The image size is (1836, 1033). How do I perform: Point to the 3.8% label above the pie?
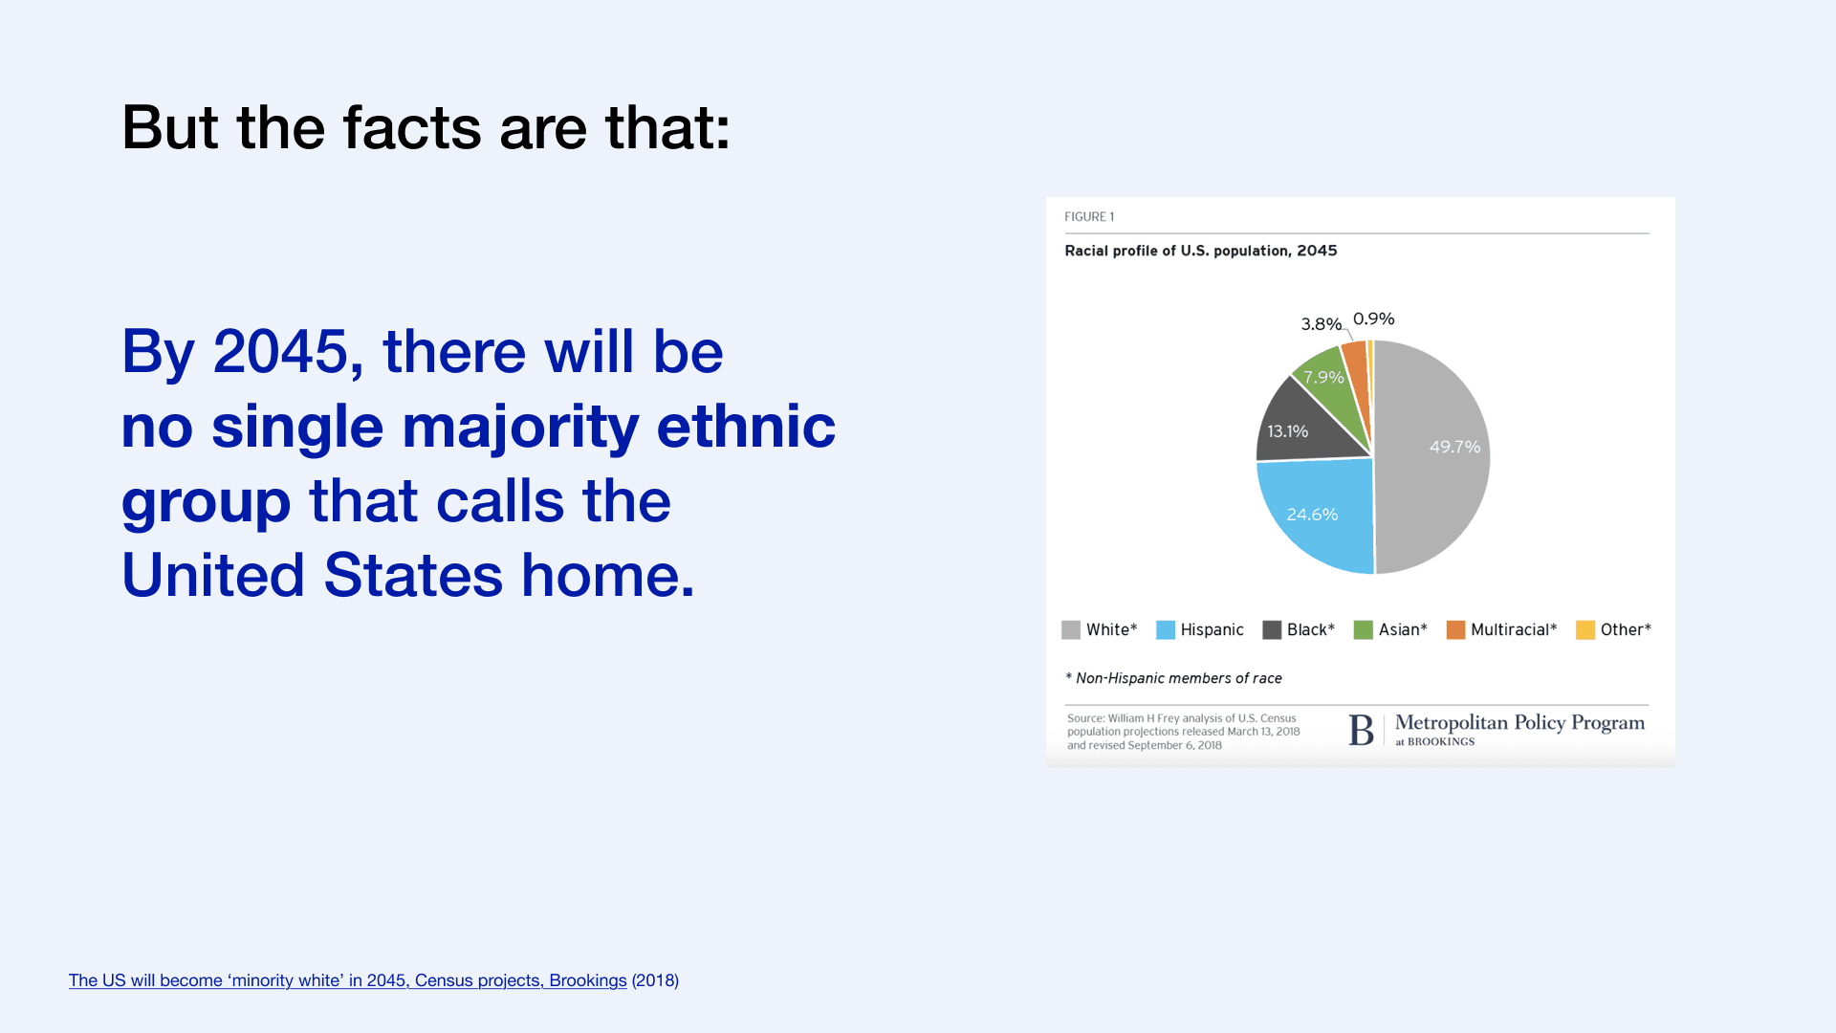(1321, 324)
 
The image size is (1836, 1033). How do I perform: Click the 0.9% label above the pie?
(1373, 319)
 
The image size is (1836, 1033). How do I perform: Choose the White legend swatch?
(1071, 629)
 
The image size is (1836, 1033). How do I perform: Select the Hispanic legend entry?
(1200, 629)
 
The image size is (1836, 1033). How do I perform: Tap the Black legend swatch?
(1272, 629)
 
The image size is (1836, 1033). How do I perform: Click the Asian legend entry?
(1390, 629)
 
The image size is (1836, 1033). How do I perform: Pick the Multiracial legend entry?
(1501, 629)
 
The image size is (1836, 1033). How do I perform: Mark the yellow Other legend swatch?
(1585, 629)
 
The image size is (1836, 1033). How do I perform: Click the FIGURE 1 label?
(1089, 217)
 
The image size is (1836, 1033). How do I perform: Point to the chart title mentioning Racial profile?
(1201, 251)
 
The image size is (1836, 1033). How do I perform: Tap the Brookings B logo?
(1361, 731)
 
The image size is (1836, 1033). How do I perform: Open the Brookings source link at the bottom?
(348, 980)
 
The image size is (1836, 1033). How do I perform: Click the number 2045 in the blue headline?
(281, 352)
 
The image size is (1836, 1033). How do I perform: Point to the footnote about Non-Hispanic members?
(1173, 678)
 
